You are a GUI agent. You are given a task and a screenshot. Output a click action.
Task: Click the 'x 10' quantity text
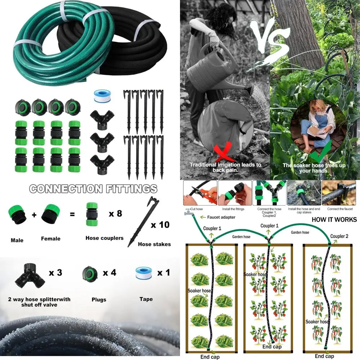click(160, 225)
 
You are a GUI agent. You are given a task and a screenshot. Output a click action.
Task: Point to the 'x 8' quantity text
click(115, 213)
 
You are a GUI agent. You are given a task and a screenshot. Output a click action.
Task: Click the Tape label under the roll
click(146, 299)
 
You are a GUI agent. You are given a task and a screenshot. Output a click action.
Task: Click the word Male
click(17, 240)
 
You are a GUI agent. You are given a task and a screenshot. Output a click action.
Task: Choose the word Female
click(51, 239)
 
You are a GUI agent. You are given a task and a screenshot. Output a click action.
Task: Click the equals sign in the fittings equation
click(72, 215)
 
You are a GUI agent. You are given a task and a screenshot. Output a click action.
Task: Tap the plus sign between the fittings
click(34, 215)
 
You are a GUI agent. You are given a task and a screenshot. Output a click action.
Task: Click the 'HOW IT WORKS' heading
click(334, 220)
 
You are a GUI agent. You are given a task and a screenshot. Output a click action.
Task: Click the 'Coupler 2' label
click(339, 237)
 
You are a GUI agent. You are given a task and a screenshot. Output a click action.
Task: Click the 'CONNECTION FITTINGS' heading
click(93, 189)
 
